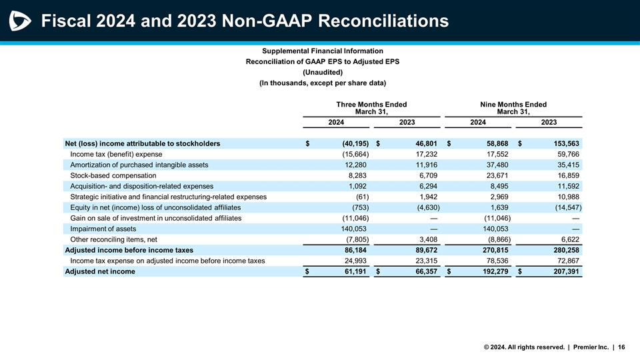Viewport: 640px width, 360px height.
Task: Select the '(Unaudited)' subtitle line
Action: (x=323, y=72)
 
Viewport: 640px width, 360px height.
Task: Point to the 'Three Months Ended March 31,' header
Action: (x=371, y=108)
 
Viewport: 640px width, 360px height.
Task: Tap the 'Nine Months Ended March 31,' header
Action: (x=513, y=108)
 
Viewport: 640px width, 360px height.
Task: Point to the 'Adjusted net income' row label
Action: (x=99, y=271)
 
